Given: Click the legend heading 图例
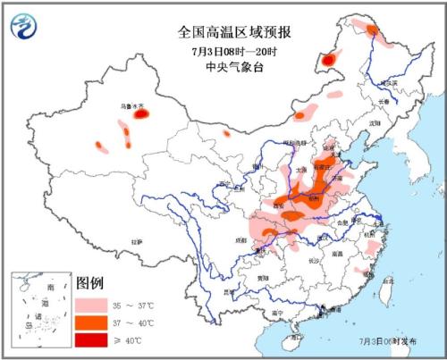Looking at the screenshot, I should [x=90, y=283].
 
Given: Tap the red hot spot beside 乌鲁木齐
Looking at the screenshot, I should [x=140, y=114].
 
